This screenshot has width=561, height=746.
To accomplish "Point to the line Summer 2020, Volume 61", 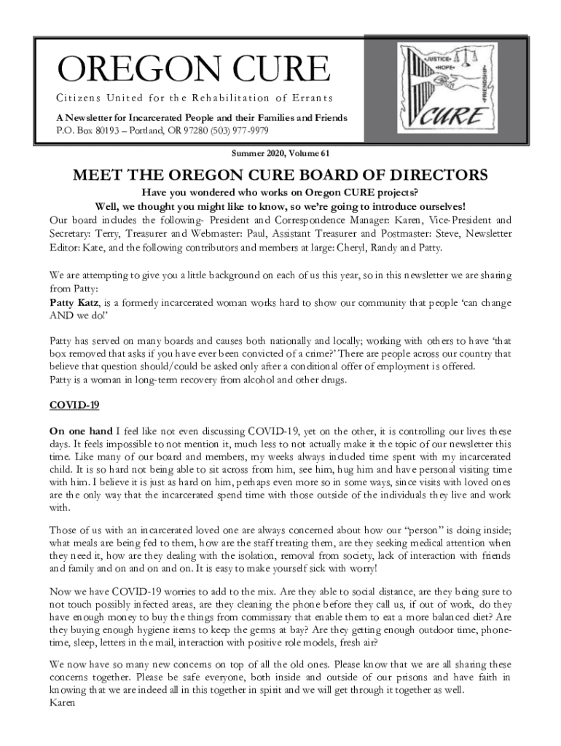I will pyautogui.click(x=280, y=154).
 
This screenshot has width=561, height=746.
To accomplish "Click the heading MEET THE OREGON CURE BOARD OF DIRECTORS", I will pyautogui.click(x=280, y=177).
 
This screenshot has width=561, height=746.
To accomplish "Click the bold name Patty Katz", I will pyautogui.click(x=73, y=303).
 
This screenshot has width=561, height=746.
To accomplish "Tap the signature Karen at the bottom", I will pyautogui.click(x=63, y=704).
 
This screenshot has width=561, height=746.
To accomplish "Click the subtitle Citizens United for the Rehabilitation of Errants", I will pyautogui.click(x=195, y=98).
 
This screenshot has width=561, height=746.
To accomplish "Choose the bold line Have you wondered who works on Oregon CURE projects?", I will pyautogui.click(x=280, y=193).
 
